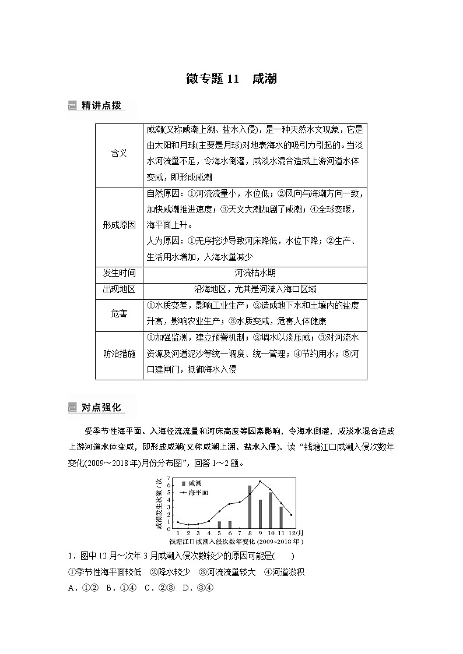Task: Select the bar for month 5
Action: [x=219, y=525]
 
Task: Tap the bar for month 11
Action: [x=281, y=517]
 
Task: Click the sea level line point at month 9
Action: [x=260, y=482]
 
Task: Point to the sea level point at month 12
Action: [x=291, y=515]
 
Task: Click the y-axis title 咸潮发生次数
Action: [x=159, y=503]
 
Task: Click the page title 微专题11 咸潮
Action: [x=231, y=79]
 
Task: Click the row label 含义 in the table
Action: [x=119, y=154]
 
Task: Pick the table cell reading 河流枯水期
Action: [x=254, y=273]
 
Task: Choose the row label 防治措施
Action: [x=119, y=353]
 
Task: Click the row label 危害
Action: [x=119, y=313]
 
